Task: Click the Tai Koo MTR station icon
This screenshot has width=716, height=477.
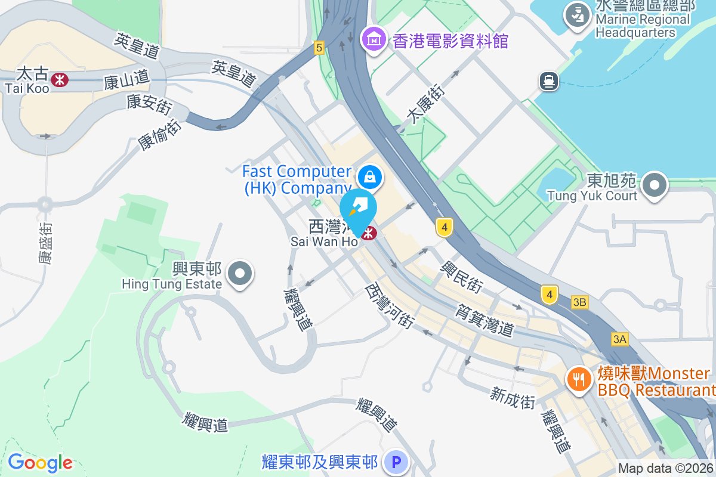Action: [x=59, y=79]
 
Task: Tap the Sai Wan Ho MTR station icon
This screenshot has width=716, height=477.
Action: [x=369, y=233]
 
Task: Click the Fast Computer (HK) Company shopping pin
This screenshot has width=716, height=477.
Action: [x=370, y=176]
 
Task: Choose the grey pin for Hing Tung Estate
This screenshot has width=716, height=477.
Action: [x=240, y=274]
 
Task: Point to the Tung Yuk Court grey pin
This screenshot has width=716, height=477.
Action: [x=655, y=185]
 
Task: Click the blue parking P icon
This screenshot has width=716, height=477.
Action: [x=395, y=462]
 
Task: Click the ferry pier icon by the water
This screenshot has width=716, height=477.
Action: [x=548, y=80]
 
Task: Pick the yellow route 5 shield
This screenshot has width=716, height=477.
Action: [x=319, y=48]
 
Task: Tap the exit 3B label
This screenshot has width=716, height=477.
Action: [x=579, y=302]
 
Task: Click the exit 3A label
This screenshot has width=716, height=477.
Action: [x=620, y=339]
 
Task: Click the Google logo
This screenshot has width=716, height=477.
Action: [x=40, y=463]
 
